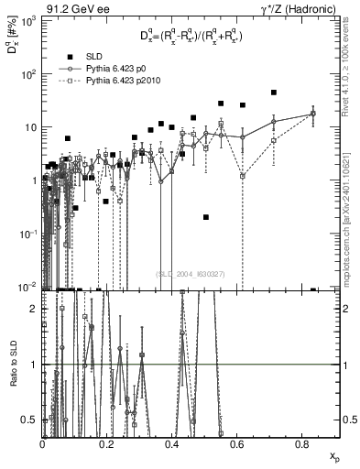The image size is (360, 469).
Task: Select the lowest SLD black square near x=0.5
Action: tap(206, 217)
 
